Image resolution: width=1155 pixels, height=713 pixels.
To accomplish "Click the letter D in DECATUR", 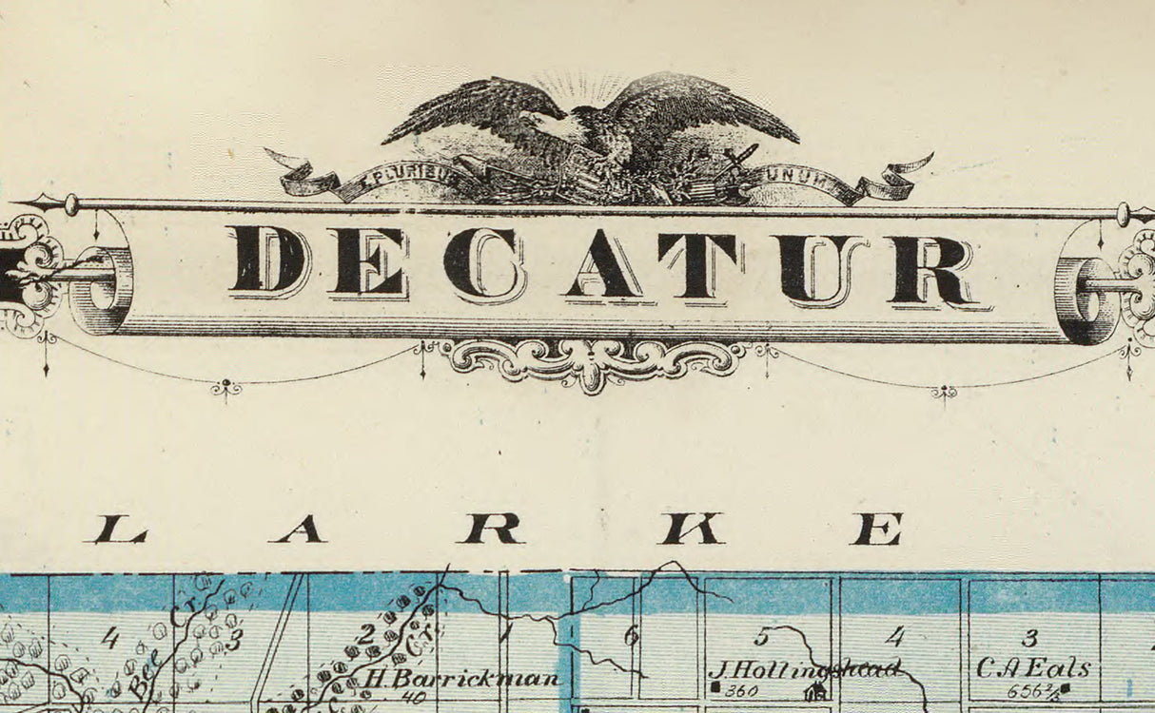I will click(269, 261).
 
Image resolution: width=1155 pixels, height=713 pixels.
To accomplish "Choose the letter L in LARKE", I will click(120, 529).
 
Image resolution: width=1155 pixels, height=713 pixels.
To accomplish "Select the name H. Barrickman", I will click(462, 679).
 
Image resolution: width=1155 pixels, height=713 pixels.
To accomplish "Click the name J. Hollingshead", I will click(804, 668).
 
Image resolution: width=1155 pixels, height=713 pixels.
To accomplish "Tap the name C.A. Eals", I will click(1032, 668).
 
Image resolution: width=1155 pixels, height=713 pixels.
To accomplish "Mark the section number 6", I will click(630, 637).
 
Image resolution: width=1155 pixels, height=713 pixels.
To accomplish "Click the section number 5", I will click(761, 636).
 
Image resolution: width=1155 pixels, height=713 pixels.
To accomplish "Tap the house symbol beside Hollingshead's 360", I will click(815, 691).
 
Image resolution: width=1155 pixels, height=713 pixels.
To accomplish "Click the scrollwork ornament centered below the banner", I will click(592, 360).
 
